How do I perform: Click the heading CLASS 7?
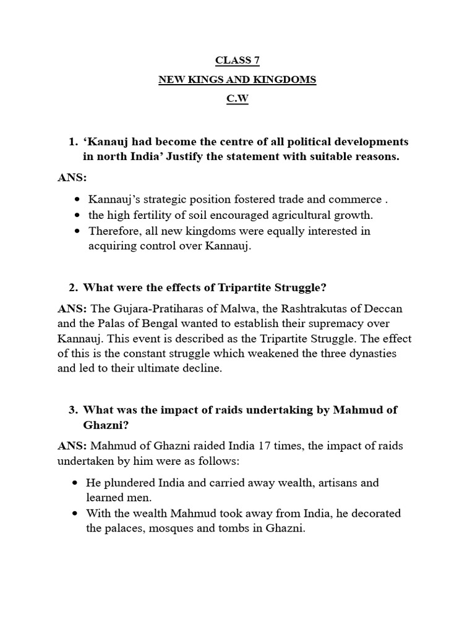pos(237,60)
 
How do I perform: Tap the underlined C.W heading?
pos(237,100)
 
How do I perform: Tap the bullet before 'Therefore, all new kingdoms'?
pos(77,231)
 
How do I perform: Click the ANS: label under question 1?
pos(72,178)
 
